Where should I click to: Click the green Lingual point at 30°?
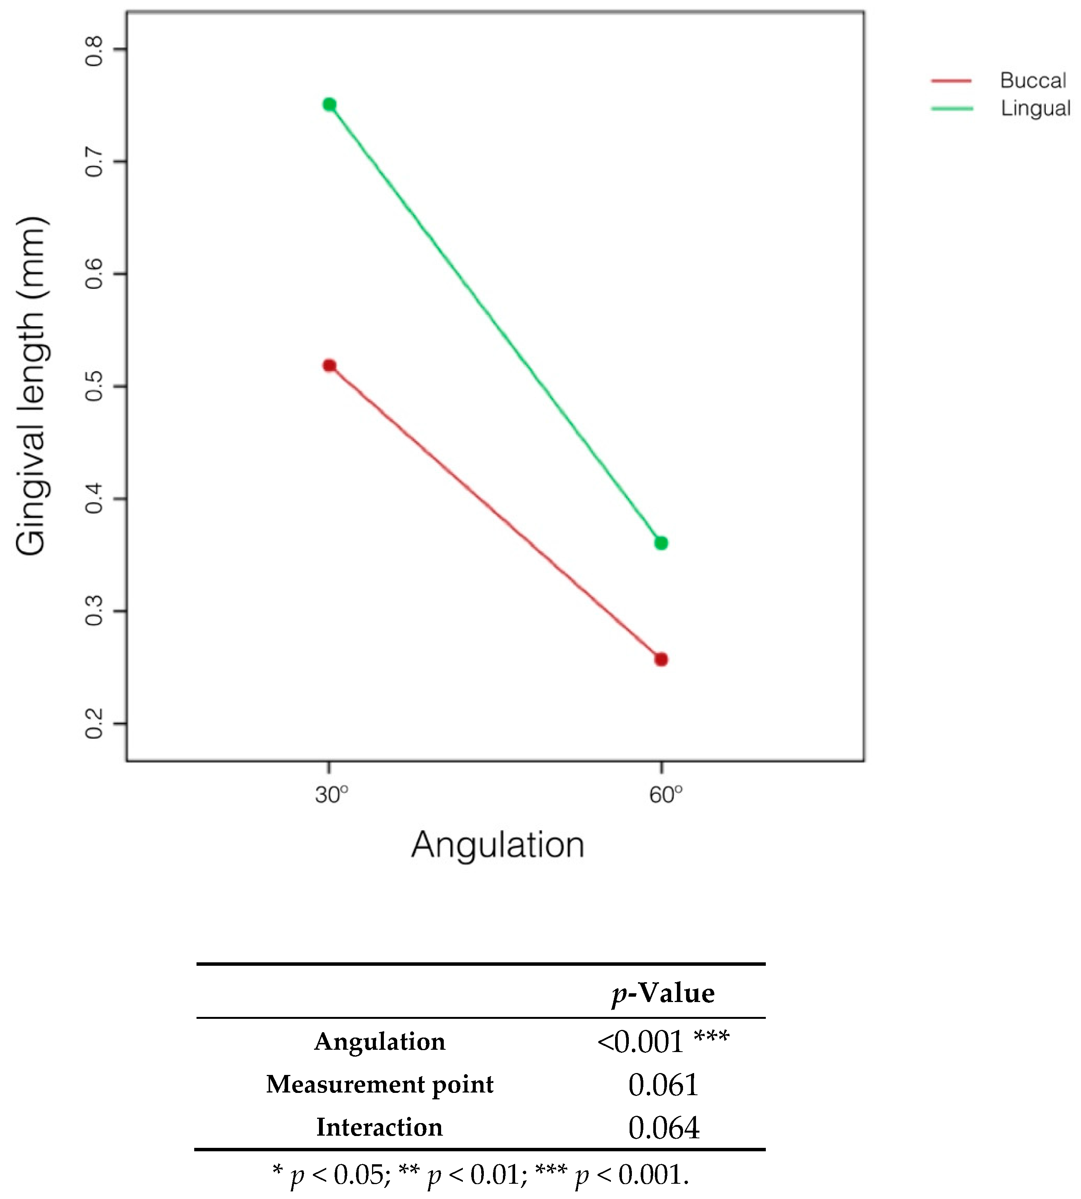point(329,105)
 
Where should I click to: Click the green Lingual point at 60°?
point(661,543)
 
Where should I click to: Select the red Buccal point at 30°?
point(329,365)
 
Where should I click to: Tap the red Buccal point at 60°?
point(661,660)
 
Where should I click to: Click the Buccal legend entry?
point(1032,80)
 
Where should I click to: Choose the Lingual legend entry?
point(1035,108)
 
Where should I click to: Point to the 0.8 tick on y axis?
point(94,50)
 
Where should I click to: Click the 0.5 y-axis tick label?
point(94,387)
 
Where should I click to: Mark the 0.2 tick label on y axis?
point(94,724)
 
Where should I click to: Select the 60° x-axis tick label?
point(665,794)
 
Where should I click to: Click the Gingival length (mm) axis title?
point(31,386)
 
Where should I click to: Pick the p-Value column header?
point(663,993)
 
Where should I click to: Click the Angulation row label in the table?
point(380,1042)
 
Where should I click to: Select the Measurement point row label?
point(380,1085)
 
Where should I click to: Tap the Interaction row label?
point(380,1127)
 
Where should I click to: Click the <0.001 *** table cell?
point(663,1042)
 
